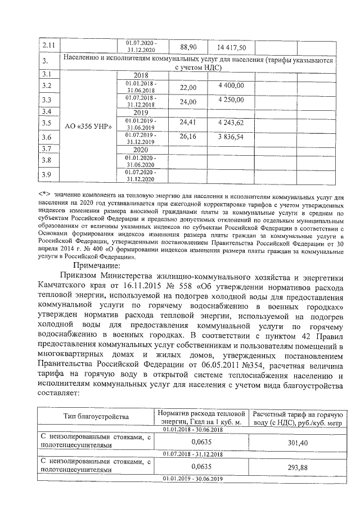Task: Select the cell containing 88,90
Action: click(x=188, y=47)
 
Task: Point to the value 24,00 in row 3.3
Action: click(x=188, y=102)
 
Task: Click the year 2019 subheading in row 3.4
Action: click(x=144, y=112)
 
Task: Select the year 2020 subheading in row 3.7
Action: click(x=144, y=150)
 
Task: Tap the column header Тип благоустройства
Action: click(x=96, y=417)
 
